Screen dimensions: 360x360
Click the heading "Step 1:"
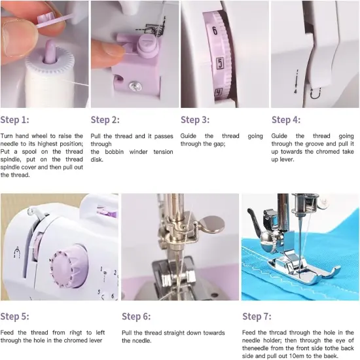pos(15,120)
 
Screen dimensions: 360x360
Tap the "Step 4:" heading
pos(286,120)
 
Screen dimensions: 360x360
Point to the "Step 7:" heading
pos(257,317)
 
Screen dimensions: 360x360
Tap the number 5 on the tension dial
pos(221,64)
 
